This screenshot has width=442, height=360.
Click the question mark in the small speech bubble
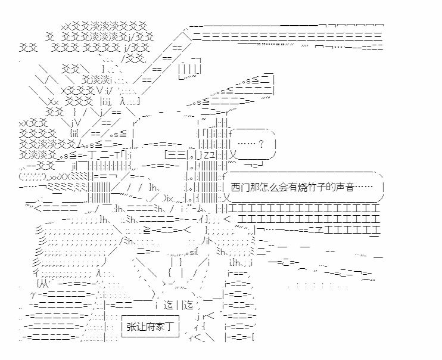pos(261,144)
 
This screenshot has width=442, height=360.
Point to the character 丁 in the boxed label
pos(169,327)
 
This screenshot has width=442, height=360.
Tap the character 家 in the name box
pos(160,327)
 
